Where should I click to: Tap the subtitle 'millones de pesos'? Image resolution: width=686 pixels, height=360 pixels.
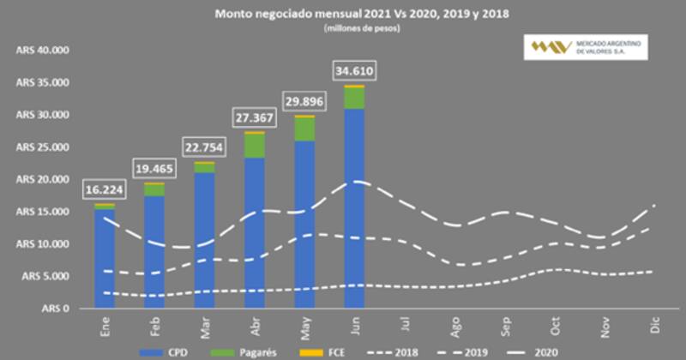361,28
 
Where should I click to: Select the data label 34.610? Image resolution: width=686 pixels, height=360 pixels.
353,70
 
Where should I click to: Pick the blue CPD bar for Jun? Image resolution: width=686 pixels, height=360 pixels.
353,206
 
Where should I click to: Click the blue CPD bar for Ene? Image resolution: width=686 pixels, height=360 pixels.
105,257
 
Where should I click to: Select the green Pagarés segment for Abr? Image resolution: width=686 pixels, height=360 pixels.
254,146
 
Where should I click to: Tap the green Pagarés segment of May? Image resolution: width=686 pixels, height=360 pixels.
304,129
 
